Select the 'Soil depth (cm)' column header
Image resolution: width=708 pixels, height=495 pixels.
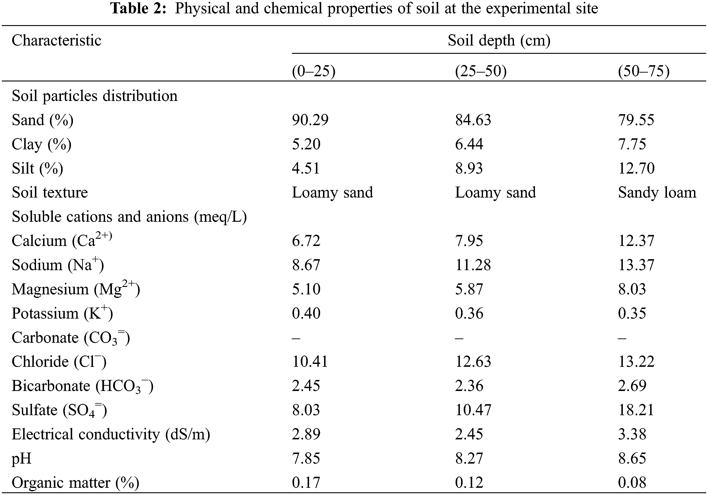tap(499, 40)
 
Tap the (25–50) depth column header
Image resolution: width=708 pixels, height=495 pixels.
tap(481, 72)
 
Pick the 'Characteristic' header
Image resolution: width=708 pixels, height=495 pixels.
tap(56, 40)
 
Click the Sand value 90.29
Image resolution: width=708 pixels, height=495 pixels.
tap(310, 120)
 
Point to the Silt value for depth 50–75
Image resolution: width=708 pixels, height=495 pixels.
tap(636, 168)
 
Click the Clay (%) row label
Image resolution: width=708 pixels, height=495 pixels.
tap(42, 144)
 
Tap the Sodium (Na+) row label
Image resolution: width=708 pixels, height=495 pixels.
tap(58, 265)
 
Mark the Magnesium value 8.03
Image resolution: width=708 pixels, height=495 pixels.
tap(632, 289)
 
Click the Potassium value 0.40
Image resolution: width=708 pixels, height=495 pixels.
tap(306, 313)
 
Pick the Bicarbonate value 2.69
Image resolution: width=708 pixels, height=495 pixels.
tap(632, 386)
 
